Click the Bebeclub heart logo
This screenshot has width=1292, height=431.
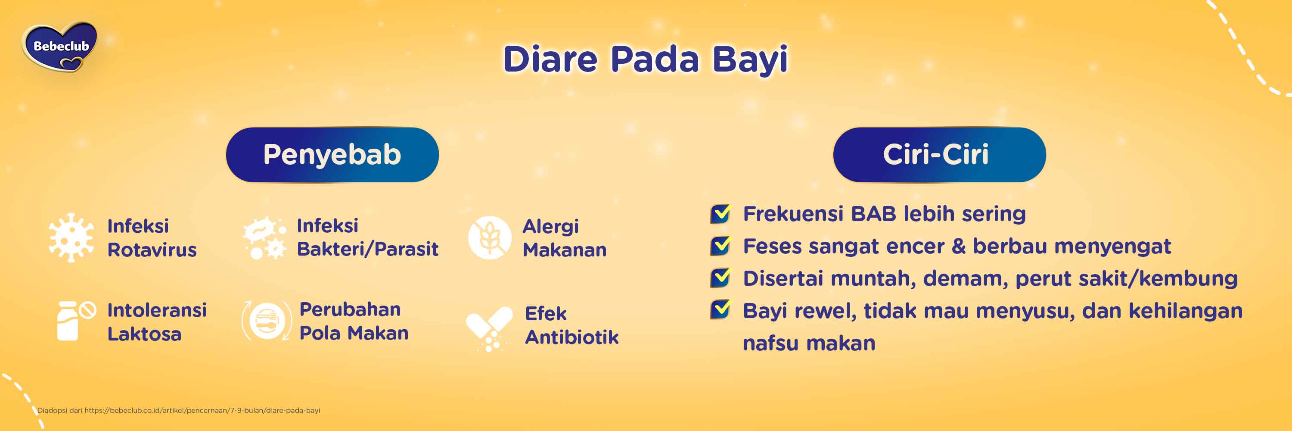click(60, 47)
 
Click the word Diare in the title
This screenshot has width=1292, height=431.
click(550, 59)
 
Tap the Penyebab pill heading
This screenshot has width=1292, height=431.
click(332, 155)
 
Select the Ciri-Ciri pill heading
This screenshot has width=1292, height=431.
click(939, 155)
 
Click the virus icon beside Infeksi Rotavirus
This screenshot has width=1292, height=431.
click(71, 237)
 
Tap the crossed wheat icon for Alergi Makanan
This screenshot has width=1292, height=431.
click(489, 238)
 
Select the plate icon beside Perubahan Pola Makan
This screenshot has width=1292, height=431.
click(267, 321)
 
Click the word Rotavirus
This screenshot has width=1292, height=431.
click(152, 250)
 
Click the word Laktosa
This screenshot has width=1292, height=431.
click(144, 334)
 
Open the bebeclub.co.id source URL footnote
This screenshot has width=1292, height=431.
click(202, 410)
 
